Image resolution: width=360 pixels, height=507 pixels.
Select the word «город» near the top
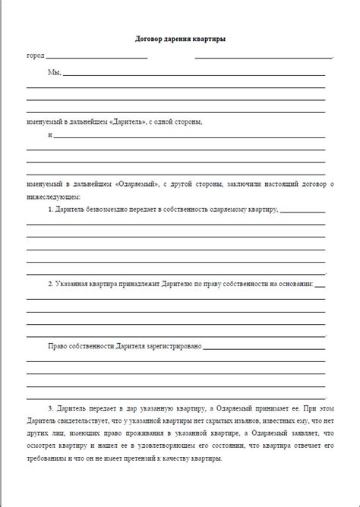coord(36,56)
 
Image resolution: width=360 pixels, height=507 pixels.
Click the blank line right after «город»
coord(190,57)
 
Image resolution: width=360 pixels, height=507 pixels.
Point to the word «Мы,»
coord(55,74)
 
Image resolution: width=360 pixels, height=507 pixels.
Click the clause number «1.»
coord(50,209)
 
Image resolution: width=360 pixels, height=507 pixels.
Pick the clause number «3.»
coord(50,408)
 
